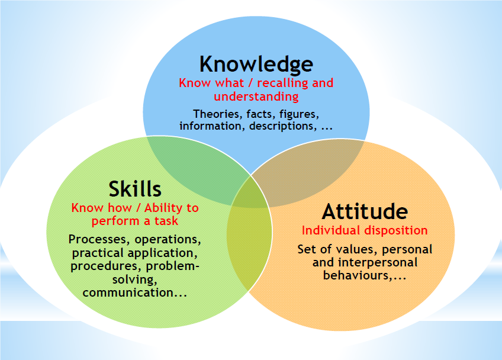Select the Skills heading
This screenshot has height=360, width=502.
point(135,189)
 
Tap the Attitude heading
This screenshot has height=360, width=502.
point(365,211)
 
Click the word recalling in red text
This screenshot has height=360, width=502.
point(283,83)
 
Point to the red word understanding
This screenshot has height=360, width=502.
point(256,97)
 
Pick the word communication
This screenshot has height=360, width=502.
point(128,292)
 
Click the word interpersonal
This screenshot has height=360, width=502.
point(378,263)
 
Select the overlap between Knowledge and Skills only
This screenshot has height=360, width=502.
point(196,170)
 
